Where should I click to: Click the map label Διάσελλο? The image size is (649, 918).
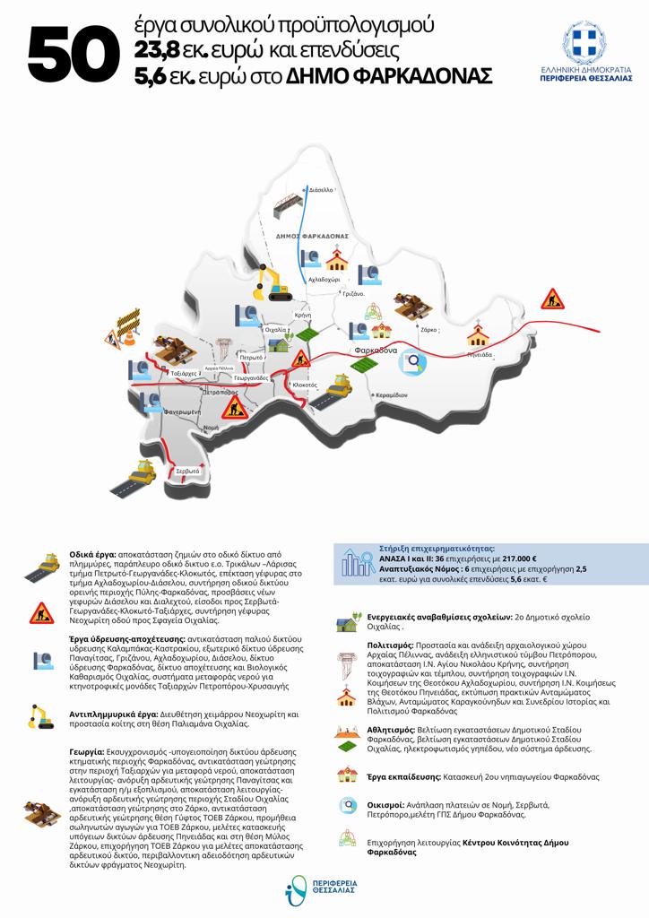click(321, 191)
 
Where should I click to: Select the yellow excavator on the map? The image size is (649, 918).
click(273, 281)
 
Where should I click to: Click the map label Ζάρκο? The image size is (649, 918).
click(429, 330)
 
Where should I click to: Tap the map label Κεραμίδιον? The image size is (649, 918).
click(392, 395)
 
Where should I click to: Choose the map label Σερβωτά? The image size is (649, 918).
click(187, 471)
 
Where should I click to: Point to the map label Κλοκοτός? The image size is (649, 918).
click(306, 385)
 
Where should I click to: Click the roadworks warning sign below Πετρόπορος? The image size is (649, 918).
click(235, 407)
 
